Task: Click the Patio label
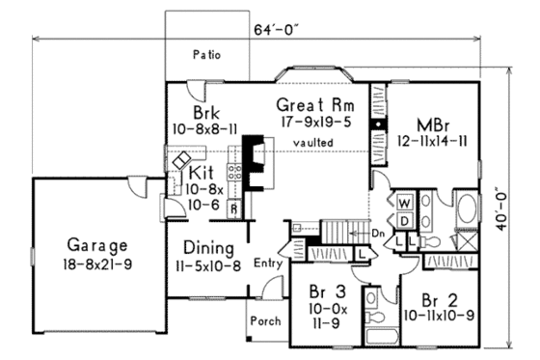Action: pyautogui.click(x=206, y=54)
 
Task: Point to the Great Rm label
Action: pyautogui.click(x=313, y=104)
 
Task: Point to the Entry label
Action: pyautogui.click(x=266, y=263)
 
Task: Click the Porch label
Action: pyautogui.click(x=264, y=319)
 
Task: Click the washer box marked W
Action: pyautogui.click(x=404, y=204)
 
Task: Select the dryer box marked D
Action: pyautogui.click(x=404, y=219)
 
